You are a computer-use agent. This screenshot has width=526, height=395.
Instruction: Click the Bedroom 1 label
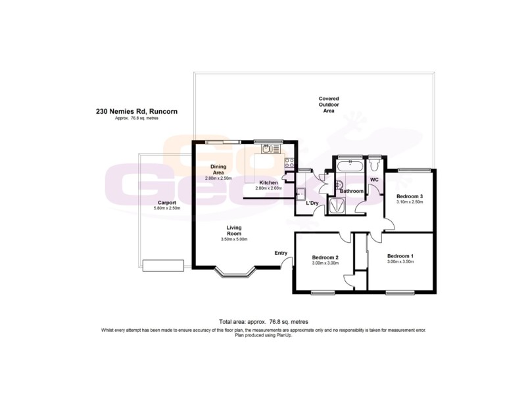(400, 255)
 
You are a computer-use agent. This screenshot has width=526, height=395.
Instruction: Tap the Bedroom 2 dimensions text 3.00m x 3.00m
(325, 263)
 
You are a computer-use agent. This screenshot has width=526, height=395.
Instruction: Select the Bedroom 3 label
(409, 196)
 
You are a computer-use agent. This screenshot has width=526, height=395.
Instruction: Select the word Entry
(281, 253)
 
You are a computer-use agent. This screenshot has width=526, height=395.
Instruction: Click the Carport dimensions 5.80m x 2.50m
(166, 209)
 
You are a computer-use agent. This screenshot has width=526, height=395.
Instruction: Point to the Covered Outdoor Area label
(329, 105)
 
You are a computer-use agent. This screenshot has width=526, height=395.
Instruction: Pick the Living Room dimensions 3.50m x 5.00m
(234, 240)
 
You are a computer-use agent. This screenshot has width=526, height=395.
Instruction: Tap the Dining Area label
(218, 170)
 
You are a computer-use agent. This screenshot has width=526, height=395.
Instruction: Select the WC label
(374, 179)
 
